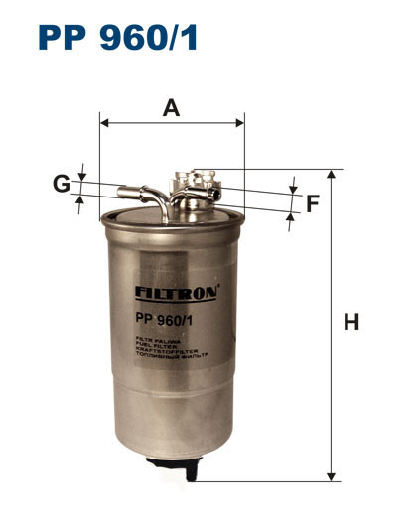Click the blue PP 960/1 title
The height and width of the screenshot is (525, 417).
point(118,37)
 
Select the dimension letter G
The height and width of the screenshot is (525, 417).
point(62,184)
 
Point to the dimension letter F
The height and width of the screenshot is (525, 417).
point(312,204)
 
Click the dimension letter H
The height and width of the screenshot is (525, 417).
point(350,323)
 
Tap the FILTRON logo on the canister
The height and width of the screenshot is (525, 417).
point(175,293)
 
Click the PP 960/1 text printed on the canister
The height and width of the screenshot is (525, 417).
point(163,318)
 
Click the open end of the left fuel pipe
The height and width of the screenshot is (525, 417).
point(119,190)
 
